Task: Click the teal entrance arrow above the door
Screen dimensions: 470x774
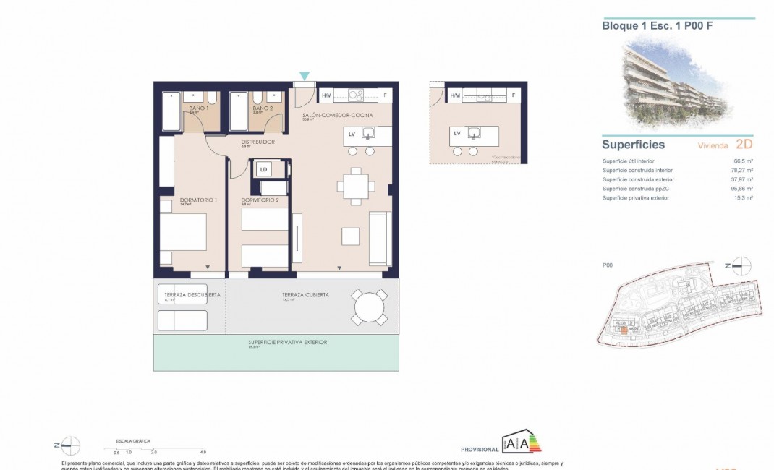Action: [x=305, y=75]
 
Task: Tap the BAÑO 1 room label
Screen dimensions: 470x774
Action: [x=199, y=108]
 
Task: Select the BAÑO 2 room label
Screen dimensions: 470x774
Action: [x=262, y=108]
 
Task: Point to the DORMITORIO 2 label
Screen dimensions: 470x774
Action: [x=260, y=200]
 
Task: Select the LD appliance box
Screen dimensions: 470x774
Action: [x=263, y=170]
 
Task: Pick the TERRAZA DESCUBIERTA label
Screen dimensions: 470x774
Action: [x=189, y=295]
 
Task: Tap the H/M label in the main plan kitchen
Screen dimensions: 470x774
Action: [x=326, y=95]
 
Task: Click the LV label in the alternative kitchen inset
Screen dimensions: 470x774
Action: [x=457, y=133]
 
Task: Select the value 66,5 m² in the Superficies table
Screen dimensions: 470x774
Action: [x=744, y=161]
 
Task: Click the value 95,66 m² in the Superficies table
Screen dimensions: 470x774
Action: [x=742, y=188]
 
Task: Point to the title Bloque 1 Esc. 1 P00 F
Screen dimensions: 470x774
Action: [x=647, y=25]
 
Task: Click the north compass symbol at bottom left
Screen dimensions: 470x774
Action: [x=71, y=446]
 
